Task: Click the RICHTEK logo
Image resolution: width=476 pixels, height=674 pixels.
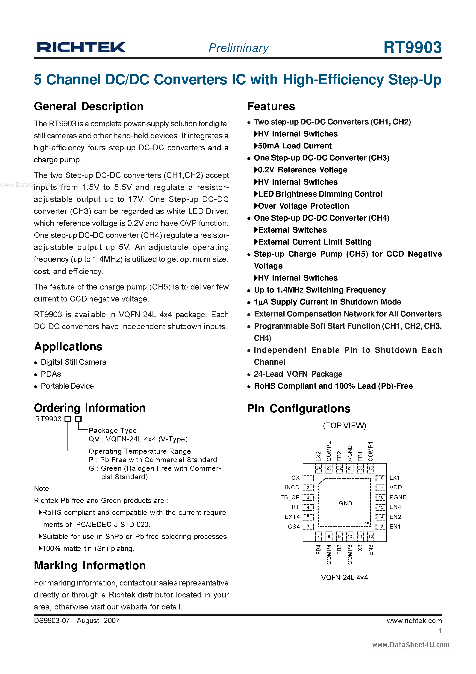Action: click(x=81, y=47)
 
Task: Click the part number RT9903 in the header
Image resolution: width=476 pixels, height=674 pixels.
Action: click(x=412, y=47)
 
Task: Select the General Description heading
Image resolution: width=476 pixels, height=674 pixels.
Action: click(x=89, y=106)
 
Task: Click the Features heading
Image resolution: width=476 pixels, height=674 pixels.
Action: click(x=271, y=106)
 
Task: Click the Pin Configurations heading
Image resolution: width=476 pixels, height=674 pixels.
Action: click(x=298, y=409)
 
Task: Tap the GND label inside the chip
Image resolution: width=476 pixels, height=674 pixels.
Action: click(x=345, y=503)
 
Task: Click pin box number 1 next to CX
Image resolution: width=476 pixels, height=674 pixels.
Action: click(x=308, y=478)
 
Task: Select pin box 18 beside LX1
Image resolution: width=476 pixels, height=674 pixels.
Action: click(x=381, y=478)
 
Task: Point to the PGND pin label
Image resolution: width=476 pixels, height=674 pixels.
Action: click(x=398, y=497)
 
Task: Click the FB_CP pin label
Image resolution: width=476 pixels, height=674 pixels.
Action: click(x=290, y=497)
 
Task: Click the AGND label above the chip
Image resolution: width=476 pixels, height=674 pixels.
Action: click(x=350, y=453)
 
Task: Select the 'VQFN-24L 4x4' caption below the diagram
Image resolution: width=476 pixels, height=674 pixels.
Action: click(x=344, y=577)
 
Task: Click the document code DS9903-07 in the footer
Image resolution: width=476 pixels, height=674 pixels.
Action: click(x=52, y=621)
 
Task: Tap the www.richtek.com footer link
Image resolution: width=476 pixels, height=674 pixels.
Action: click(x=414, y=621)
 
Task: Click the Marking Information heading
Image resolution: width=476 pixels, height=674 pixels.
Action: click(x=90, y=565)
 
